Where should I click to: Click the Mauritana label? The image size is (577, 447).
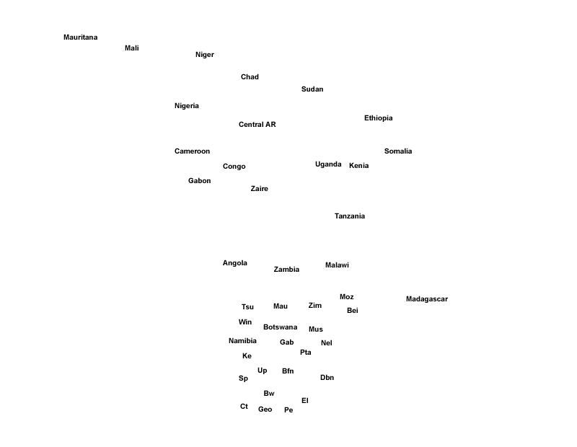point(80,37)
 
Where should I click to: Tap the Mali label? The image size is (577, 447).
point(131,48)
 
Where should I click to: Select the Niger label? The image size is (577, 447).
point(204,55)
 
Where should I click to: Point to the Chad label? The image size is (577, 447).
point(250,77)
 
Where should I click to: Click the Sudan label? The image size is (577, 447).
point(312,89)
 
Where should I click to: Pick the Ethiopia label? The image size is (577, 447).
point(378,118)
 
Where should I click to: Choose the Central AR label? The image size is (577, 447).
point(257,125)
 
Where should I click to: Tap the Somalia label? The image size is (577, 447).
point(398,151)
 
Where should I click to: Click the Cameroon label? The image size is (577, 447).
point(192,151)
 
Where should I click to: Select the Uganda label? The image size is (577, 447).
point(328,164)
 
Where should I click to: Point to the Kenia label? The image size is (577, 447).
point(358,166)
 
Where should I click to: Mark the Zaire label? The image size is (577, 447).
point(259,189)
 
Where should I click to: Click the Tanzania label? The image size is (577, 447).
point(349,216)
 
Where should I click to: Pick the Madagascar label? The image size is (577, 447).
point(426,299)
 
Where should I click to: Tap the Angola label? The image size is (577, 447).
point(234,263)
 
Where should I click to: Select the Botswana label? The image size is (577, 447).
point(280,327)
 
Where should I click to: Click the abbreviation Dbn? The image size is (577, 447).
point(327,378)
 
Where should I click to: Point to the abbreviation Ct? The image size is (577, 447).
point(244,407)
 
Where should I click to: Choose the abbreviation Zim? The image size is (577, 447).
point(314,306)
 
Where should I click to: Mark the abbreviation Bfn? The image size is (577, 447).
point(288,371)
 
